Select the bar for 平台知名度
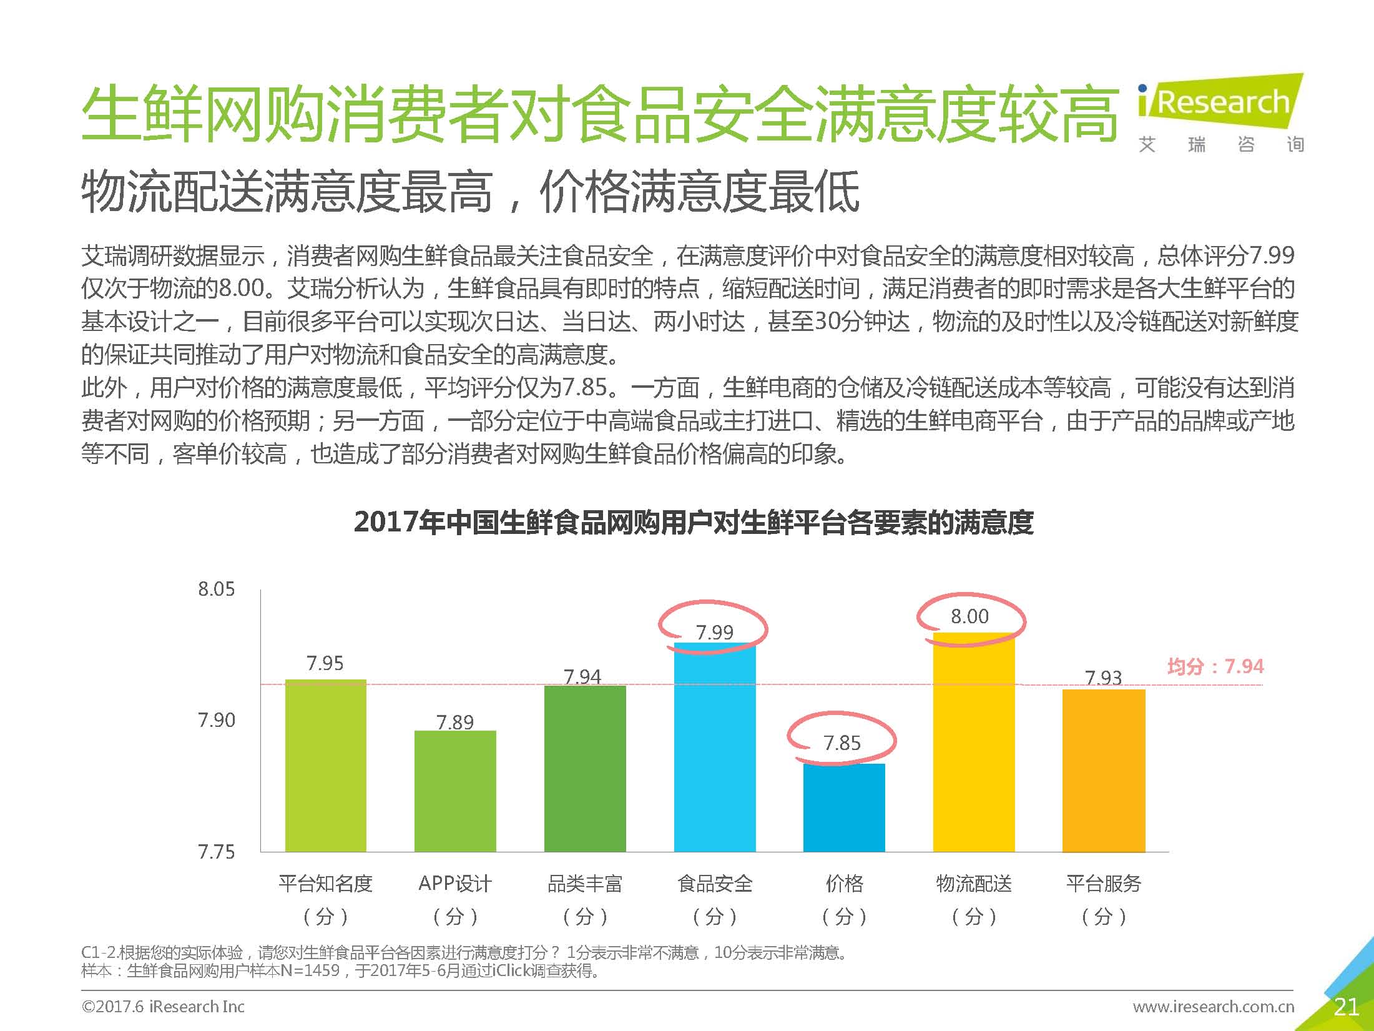[325, 765]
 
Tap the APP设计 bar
[455, 791]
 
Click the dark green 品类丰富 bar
[585, 768]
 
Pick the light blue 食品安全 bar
[715, 747]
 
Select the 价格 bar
[844, 807]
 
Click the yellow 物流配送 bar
[974, 742]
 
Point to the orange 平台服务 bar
[1104, 770]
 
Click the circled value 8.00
[969, 617]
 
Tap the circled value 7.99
[715, 633]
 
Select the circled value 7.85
[842, 743]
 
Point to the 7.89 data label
[455, 723]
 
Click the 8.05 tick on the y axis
[216, 589]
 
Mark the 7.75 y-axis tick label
[216, 852]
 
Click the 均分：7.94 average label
[1215, 666]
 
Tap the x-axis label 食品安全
[715, 884]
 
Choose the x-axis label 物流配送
[974, 884]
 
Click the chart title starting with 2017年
[694, 522]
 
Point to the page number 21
[1346, 1007]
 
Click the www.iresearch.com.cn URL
[1214, 1007]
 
